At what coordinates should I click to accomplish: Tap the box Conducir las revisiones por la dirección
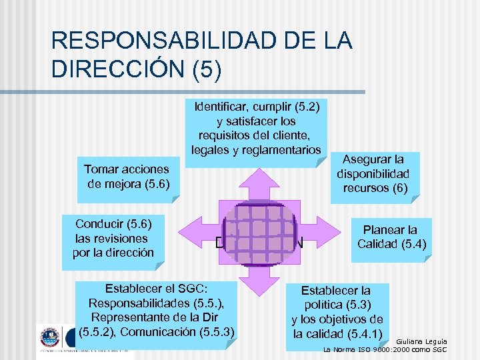114,238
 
